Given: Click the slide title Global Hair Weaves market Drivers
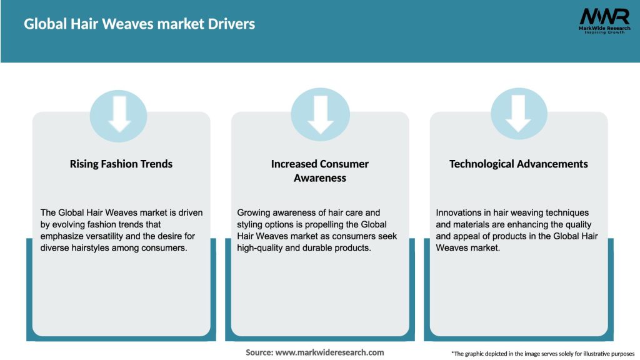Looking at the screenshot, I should (139, 24).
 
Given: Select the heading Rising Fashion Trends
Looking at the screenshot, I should (121, 164).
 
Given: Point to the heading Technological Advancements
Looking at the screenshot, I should (519, 164).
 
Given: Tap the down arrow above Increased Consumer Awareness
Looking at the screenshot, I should (320, 113).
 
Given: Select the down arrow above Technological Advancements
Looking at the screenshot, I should (519, 113).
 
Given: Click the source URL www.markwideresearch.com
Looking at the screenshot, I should (329, 352).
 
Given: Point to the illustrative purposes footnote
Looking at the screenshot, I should (542, 354).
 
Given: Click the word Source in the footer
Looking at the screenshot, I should (259, 352).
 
